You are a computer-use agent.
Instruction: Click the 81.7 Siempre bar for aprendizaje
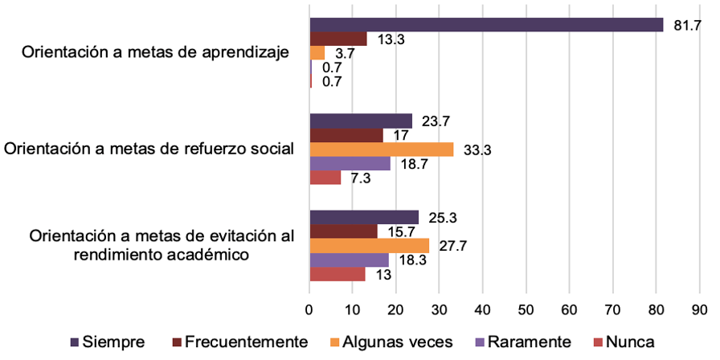(486, 25)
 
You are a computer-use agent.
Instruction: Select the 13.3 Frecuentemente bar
(337, 39)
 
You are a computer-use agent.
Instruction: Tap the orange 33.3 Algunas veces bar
(381, 149)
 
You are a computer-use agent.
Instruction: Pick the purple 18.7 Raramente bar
(350, 163)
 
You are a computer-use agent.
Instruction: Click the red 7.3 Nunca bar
(325, 178)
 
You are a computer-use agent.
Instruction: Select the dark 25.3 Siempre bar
(364, 217)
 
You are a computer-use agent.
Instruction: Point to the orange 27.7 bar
(369, 245)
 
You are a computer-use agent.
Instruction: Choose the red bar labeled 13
(337, 274)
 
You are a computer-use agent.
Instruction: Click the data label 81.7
(687, 26)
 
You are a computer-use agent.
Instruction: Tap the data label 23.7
(435, 121)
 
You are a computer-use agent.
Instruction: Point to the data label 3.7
(347, 54)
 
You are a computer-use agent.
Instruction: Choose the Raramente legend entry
(524, 342)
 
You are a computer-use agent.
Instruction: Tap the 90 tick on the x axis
(698, 308)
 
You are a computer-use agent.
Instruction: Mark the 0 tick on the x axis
(309, 308)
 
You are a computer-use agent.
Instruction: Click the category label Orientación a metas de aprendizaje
(155, 53)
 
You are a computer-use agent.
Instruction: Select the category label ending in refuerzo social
(149, 149)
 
